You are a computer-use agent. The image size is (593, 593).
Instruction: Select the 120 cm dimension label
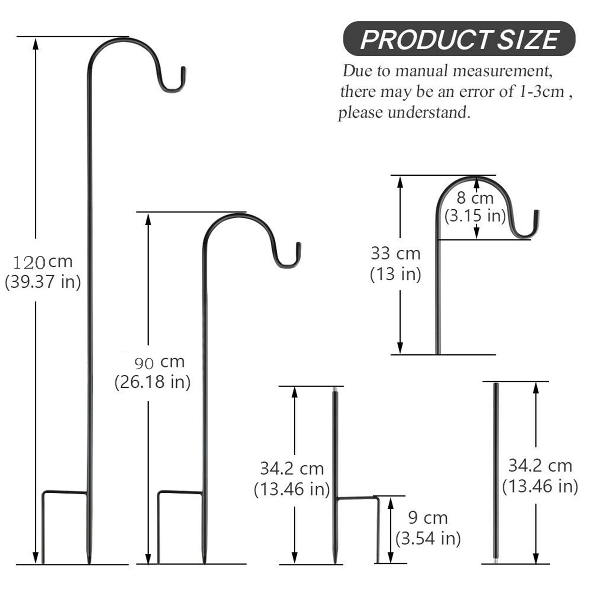43,262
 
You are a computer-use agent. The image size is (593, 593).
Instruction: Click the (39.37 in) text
43,282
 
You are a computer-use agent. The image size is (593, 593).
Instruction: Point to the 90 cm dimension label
159,362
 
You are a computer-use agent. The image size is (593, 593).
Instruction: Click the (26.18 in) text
152,382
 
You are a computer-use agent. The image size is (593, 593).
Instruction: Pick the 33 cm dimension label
395,254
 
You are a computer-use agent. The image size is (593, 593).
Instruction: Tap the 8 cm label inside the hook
475,198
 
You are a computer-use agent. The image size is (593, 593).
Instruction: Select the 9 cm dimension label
428,518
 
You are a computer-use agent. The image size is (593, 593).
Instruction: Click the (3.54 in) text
428,538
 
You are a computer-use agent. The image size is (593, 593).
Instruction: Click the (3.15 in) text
475,216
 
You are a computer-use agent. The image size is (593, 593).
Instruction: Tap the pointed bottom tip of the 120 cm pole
89,560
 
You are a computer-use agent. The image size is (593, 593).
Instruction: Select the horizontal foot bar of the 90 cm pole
180,492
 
